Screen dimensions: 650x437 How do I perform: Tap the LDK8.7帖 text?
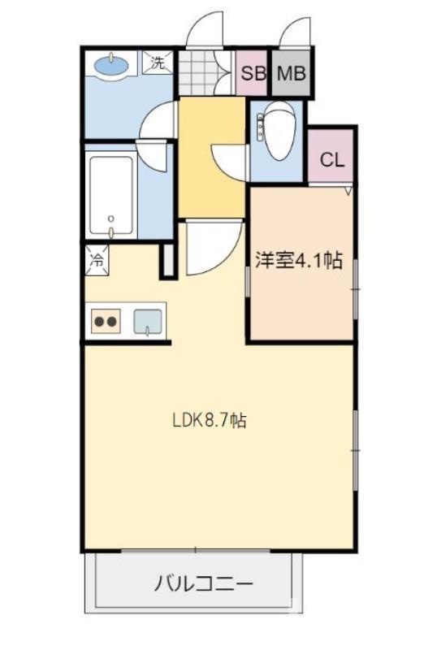click(210, 421)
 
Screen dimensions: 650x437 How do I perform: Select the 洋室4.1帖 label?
click(298, 261)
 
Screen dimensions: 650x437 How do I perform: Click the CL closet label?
click(331, 159)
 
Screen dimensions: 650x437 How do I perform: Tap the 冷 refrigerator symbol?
click(96, 261)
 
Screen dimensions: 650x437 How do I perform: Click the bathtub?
click(112, 193)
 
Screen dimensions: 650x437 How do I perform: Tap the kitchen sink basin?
click(147, 319)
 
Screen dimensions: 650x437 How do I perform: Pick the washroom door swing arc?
click(154, 122)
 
